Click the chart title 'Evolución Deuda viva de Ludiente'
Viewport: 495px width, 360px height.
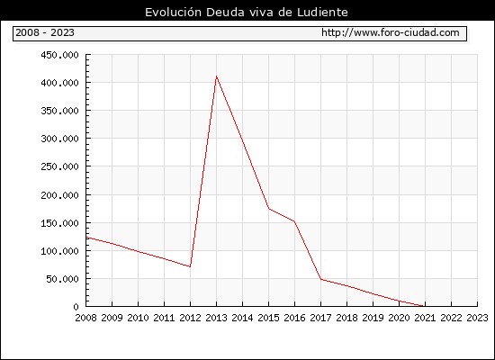247,13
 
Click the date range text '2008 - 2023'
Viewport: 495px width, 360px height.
45,32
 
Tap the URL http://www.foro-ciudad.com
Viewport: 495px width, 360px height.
391,32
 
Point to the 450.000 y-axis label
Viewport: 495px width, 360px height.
59,55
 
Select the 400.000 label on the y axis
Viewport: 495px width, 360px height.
59,83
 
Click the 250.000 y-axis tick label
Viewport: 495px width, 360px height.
59,166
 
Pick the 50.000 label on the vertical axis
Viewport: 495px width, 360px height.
62,279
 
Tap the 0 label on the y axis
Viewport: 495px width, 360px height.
76,307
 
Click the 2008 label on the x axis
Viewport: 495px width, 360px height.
85,318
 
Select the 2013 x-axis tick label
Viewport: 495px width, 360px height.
216,318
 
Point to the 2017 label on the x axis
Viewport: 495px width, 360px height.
320,318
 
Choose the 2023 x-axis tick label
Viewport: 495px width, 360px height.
477,318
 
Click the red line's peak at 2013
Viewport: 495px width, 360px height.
216,76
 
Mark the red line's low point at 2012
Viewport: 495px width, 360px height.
190,266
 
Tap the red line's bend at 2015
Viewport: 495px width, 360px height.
269,209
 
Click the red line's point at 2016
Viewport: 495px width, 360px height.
294,221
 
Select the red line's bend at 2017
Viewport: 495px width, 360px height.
320,279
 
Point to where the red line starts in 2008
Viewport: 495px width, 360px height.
86,238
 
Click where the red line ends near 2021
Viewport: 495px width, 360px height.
423,306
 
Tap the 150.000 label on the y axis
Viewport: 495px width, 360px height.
59,223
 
